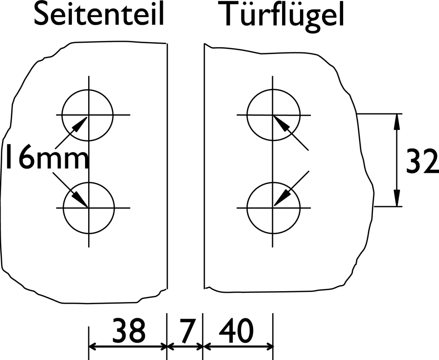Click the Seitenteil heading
(99, 14)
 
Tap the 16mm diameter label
(48, 157)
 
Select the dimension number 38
(129, 331)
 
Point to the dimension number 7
(186, 331)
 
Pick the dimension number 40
(236, 331)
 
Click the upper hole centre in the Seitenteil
(89, 115)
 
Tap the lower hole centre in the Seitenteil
(89, 208)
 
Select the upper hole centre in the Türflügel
(273, 115)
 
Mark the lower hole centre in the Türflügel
(273, 208)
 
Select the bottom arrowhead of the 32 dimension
(396, 198)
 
